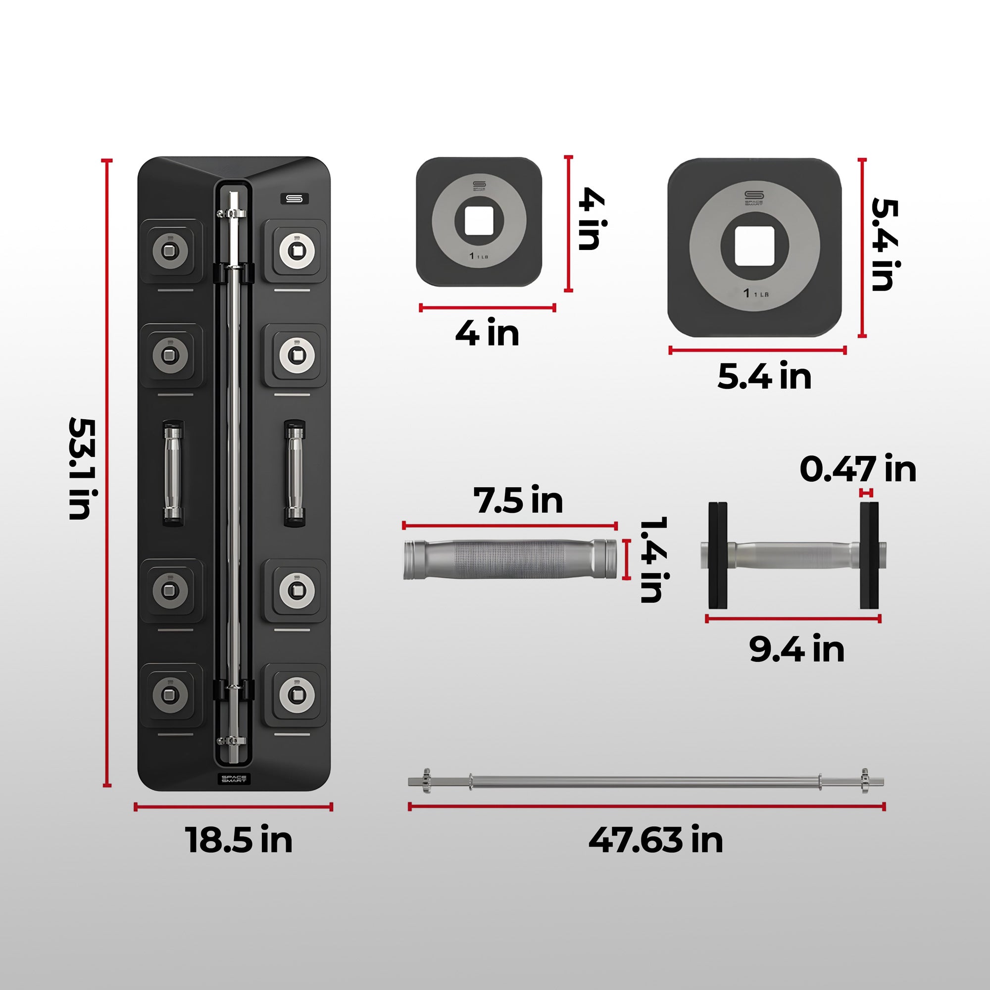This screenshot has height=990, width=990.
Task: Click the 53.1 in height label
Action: [x=81, y=469]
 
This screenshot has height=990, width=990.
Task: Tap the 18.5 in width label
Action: [x=239, y=840]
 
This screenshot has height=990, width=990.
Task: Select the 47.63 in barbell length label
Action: [x=655, y=840]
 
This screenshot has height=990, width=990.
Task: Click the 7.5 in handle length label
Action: [x=518, y=499]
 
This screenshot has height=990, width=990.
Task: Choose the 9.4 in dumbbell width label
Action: [x=797, y=649]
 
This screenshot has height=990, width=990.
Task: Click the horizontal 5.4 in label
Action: [x=765, y=376]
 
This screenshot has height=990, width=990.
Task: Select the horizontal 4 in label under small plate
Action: [x=487, y=333]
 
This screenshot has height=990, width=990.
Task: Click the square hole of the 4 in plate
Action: [x=479, y=221]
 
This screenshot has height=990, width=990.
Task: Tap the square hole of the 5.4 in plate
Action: [x=754, y=247]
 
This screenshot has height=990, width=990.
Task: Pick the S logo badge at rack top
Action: [x=295, y=198]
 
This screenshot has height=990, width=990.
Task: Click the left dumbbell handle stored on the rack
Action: [x=173, y=472]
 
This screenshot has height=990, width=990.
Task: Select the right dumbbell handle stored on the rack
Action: [x=294, y=472]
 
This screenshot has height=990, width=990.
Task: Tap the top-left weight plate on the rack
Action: [x=170, y=250]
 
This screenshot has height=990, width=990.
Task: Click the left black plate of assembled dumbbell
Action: [x=718, y=555]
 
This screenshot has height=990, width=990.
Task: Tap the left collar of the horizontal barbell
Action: [x=426, y=782]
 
